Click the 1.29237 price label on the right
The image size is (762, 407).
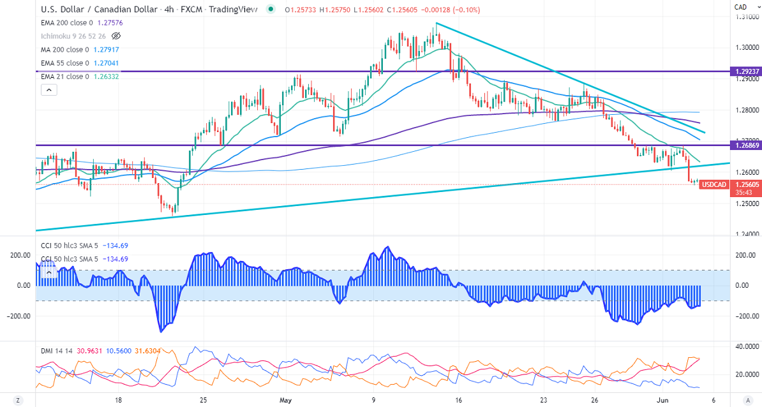click(x=745, y=71)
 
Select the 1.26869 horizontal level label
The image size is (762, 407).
click(x=745, y=145)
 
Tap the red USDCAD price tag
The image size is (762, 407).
click(x=713, y=184)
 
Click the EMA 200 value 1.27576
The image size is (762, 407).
click(x=110, y=22)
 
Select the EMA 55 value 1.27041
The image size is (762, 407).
click(x=105, y=63)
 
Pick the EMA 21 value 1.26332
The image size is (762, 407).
click(x=105, y=77)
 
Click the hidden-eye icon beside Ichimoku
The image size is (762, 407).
click(x=116, y=36)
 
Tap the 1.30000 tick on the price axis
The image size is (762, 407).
click(x=744, y=47)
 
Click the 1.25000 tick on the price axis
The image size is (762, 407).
click(x=744, y=204)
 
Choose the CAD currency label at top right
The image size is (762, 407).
click(x=740, y=7)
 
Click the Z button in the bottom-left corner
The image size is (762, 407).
click(x=18, y=400)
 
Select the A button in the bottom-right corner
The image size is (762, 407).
click(x=747, y=400)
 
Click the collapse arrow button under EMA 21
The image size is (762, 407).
click(x=49, y=90)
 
